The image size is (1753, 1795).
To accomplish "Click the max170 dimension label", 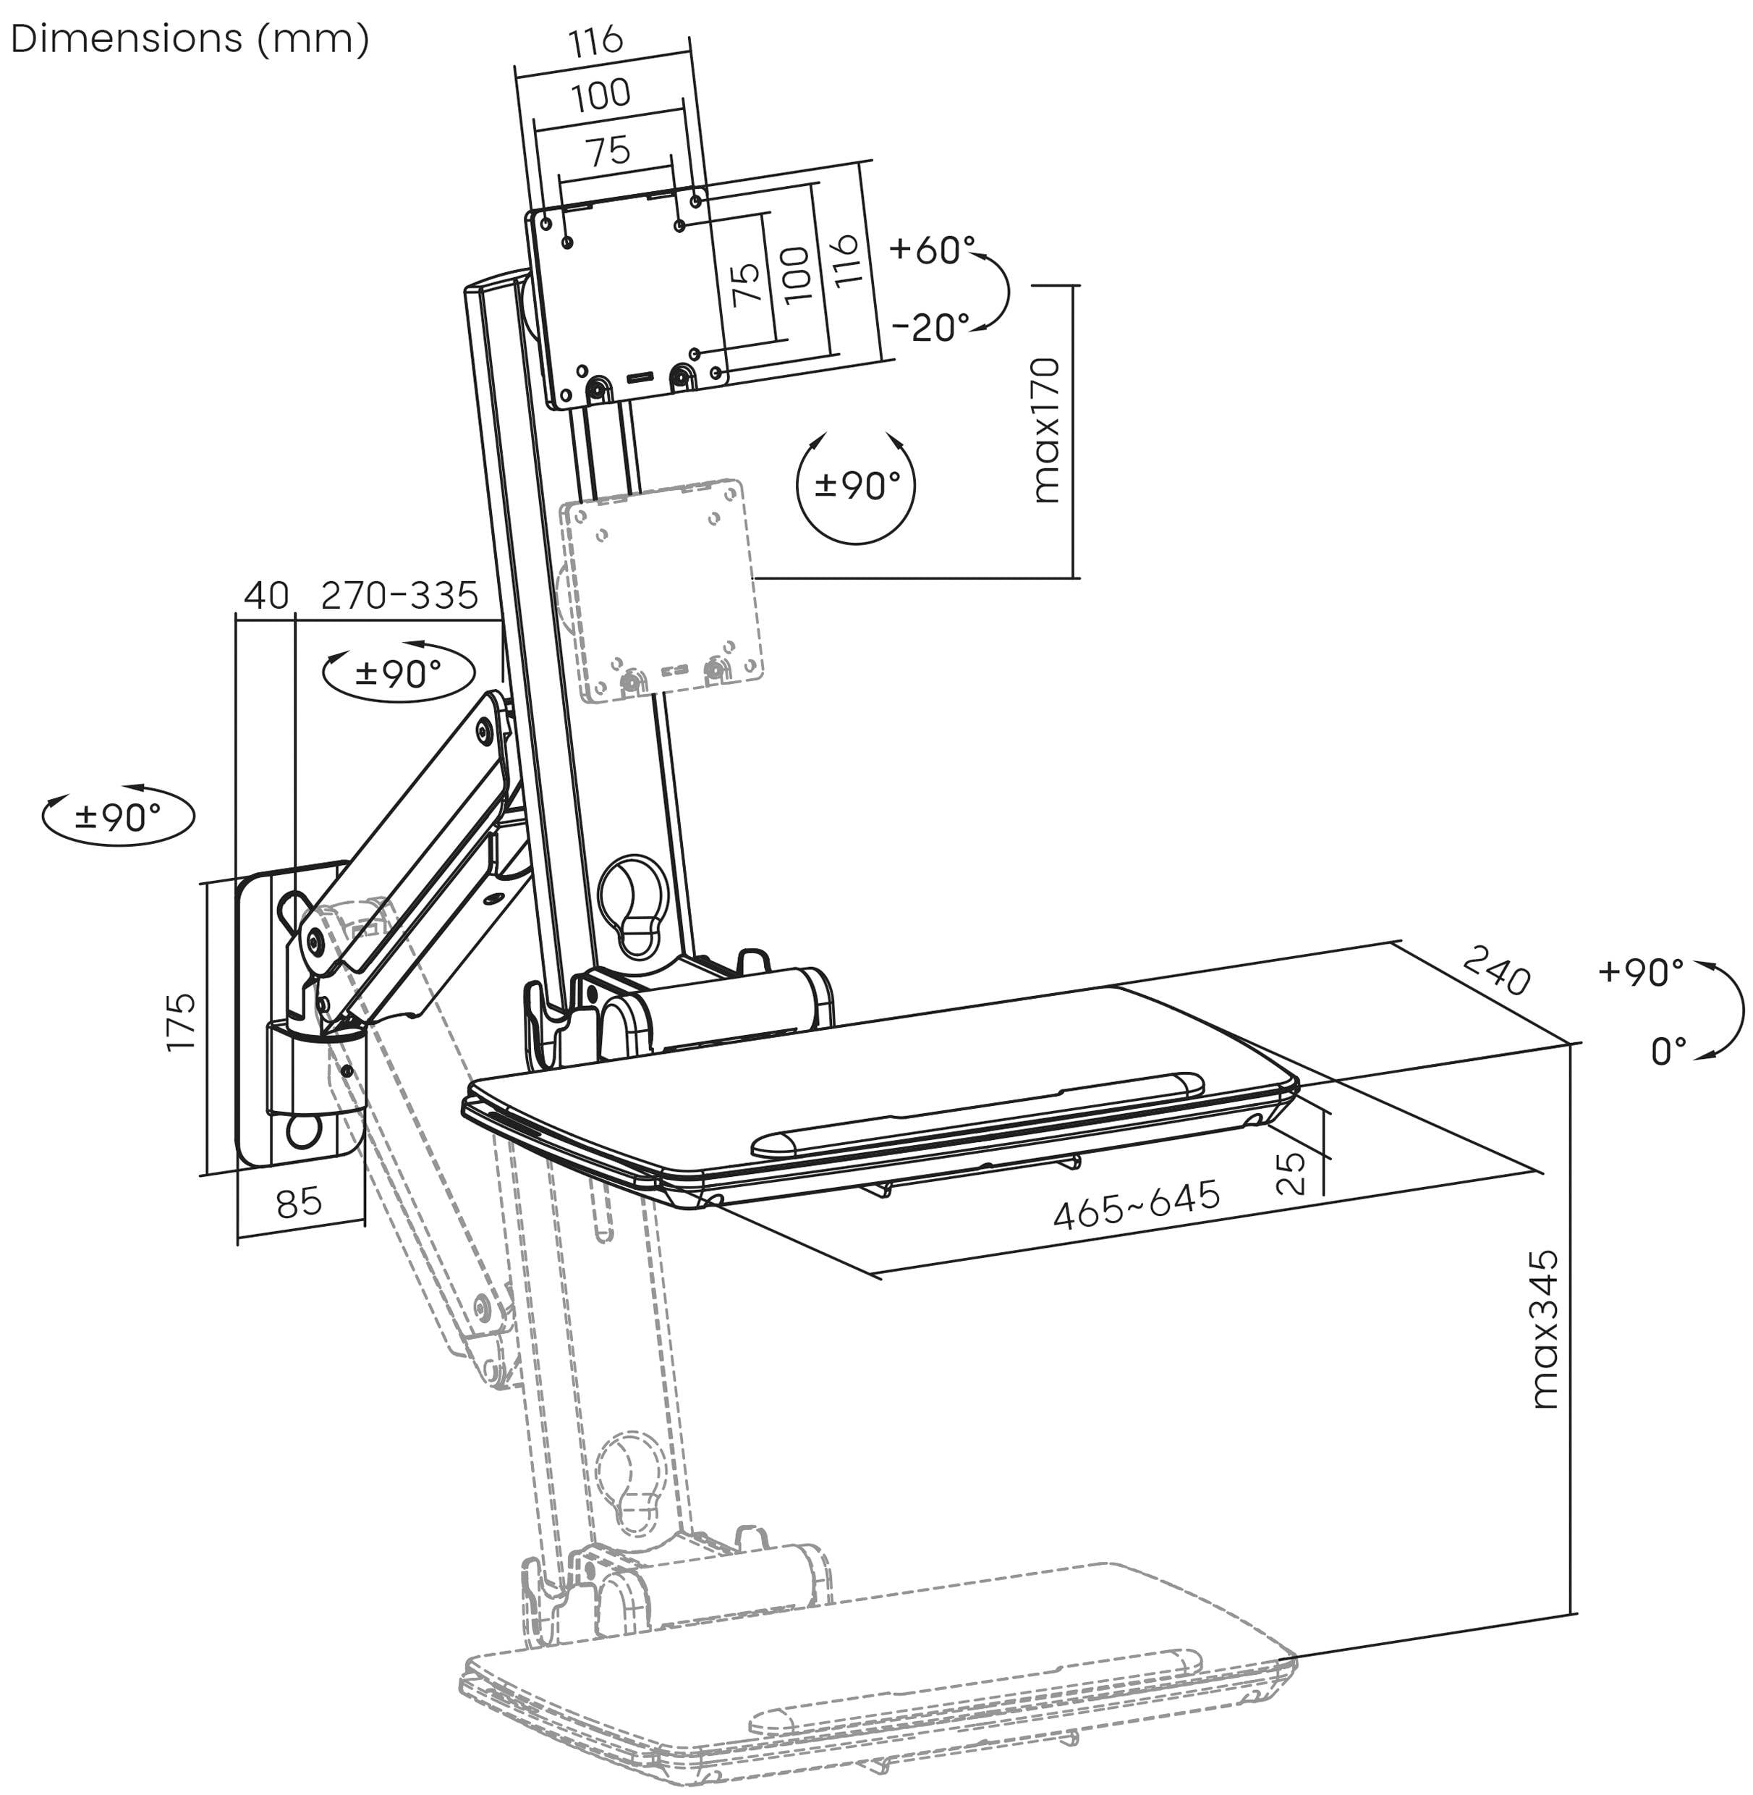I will coord(1047,431).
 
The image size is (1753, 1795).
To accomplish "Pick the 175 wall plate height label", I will coord(180,1021).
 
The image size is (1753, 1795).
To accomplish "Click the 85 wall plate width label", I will coord(300,1203).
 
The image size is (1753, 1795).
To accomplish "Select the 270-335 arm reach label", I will coord(399,596).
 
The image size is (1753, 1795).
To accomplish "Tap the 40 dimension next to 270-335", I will coord(266,596).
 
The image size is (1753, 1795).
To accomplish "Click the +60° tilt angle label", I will coord(933,249).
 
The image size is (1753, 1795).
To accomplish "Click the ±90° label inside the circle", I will coord(857,486).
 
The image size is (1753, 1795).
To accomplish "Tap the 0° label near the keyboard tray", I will coord(1668,1051).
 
